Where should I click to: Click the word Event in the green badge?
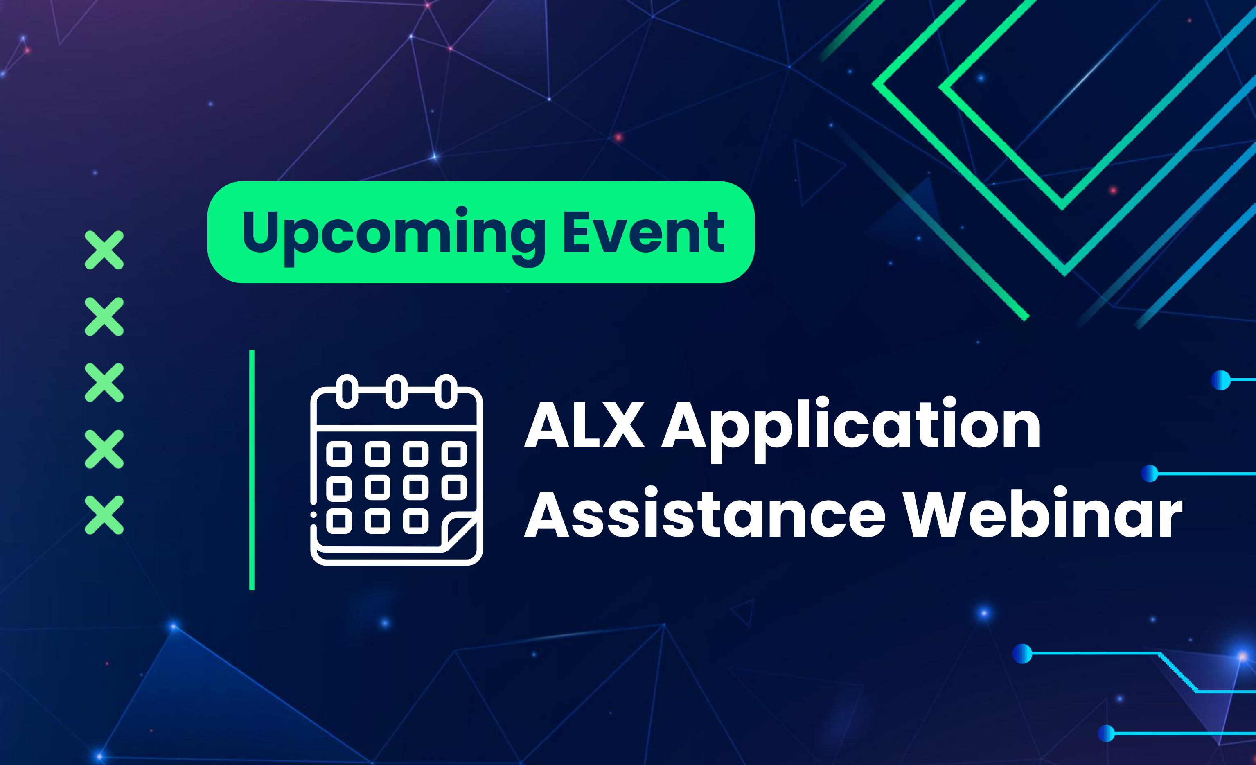644,232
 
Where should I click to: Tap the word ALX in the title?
584,424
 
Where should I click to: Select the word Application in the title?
851,430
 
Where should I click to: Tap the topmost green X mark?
104,250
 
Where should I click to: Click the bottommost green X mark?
104,515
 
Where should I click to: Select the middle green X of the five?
104,382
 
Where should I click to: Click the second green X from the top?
104,316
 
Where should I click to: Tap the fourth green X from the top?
104,449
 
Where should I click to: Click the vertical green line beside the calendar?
252,470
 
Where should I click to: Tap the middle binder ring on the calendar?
397,391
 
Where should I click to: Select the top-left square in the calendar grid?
339,454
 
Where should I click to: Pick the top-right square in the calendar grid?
454,454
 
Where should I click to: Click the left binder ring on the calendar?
347,391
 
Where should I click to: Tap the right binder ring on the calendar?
446,391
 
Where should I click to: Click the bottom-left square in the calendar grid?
339,521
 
